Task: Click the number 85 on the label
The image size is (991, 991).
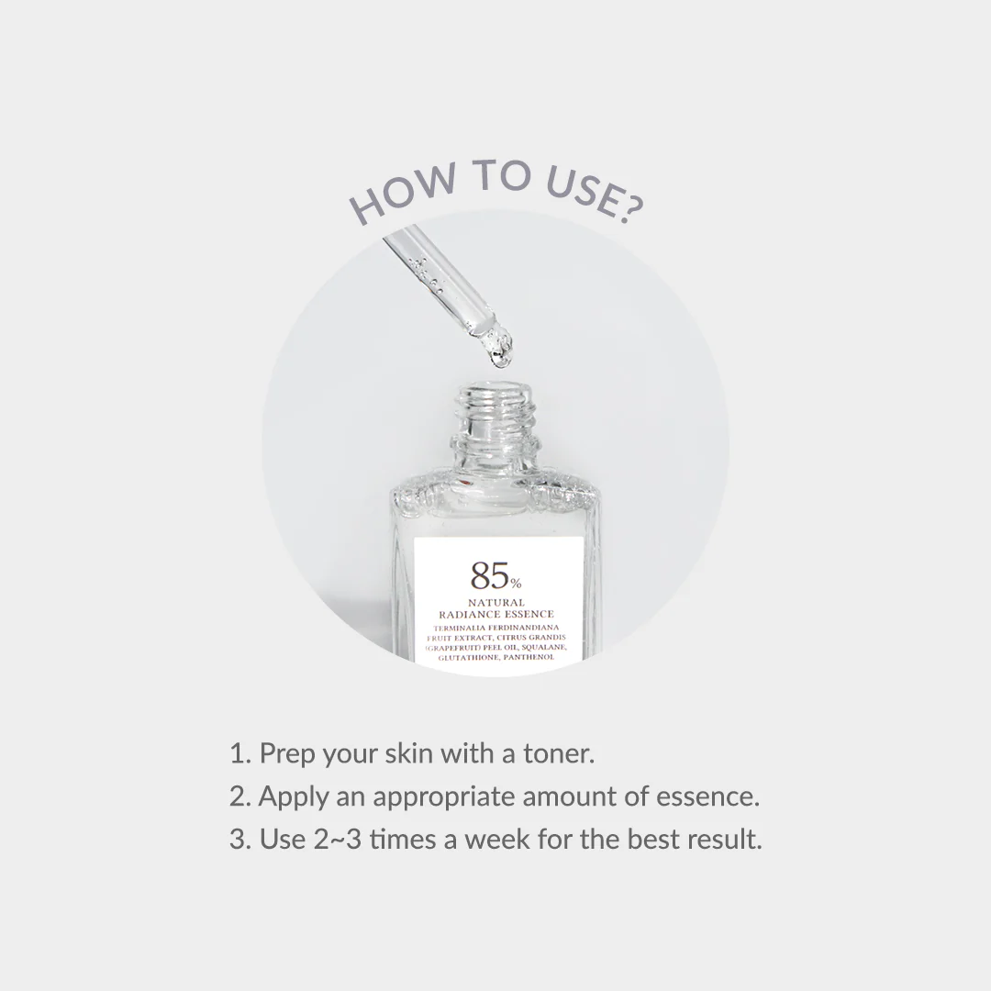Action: (489, 576)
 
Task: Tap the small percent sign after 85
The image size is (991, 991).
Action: (517, 584)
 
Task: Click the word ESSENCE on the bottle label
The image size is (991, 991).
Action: (527, 614)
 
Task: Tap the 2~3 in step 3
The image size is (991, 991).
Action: (338, 839)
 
